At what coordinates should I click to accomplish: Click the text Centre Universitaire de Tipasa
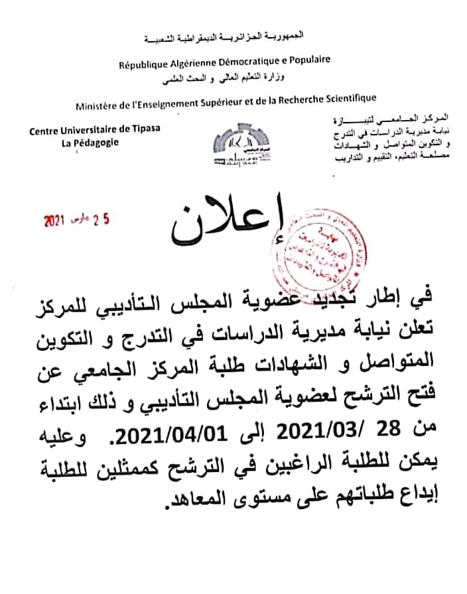coord(95,130)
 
